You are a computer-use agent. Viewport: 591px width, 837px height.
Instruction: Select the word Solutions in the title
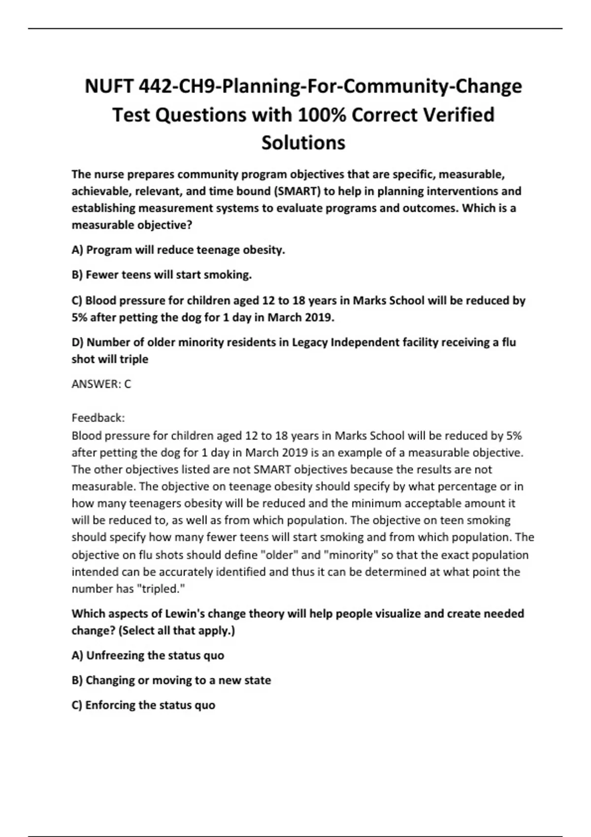tap(303, 143)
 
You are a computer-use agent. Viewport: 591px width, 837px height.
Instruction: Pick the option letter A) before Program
tap(78, 250)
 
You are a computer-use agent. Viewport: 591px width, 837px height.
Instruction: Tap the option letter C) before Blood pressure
tap(77, 300)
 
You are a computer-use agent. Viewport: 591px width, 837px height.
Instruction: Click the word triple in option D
tap(133, 359)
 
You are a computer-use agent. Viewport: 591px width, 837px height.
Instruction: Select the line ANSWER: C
tap(101, 384)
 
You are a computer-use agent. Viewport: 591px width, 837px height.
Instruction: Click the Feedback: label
tap(98, 418)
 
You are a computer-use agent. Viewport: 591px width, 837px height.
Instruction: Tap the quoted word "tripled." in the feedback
tap(160, 589)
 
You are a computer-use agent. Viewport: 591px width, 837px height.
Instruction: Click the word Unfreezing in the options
tap(115, 655)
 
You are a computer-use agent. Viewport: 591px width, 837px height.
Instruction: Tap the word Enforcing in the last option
tap(110, 705)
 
